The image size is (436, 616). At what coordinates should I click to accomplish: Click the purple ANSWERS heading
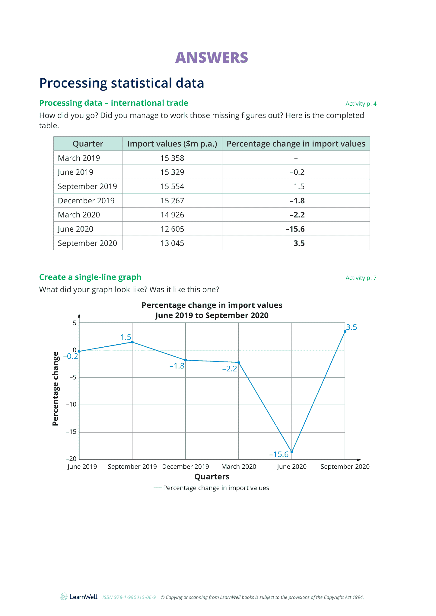(212, 58)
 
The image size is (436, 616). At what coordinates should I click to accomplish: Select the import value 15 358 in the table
(172, 158)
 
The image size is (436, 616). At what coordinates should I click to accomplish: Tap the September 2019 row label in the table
(87, 186)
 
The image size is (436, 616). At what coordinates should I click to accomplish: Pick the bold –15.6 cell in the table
(295, 229)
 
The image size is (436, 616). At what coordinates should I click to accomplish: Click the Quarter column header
(88, 144)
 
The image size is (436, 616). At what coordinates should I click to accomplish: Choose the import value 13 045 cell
(172, 243)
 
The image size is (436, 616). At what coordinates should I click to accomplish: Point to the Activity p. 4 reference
(361, 104)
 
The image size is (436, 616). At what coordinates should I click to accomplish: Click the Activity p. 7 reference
(361, 278)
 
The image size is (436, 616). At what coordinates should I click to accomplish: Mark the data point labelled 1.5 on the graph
(132, 342)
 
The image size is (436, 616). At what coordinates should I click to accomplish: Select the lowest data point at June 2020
(292, 452)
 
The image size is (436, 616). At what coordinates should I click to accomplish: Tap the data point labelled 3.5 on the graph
(345, 331)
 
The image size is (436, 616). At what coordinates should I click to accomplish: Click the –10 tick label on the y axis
(72, 405)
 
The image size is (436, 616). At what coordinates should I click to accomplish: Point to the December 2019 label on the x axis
(186, 467)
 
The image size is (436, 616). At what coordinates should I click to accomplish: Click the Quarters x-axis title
(212, 477)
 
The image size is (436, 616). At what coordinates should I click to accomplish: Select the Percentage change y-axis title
(55, 389)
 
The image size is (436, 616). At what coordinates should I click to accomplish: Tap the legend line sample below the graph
(158, 488)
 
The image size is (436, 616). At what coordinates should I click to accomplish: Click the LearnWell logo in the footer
(79, 597)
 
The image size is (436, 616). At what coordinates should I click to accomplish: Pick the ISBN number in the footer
(129, 597)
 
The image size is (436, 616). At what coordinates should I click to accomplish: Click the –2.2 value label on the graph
(230, 369)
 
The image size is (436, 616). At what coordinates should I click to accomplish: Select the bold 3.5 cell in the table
(299, 243)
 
